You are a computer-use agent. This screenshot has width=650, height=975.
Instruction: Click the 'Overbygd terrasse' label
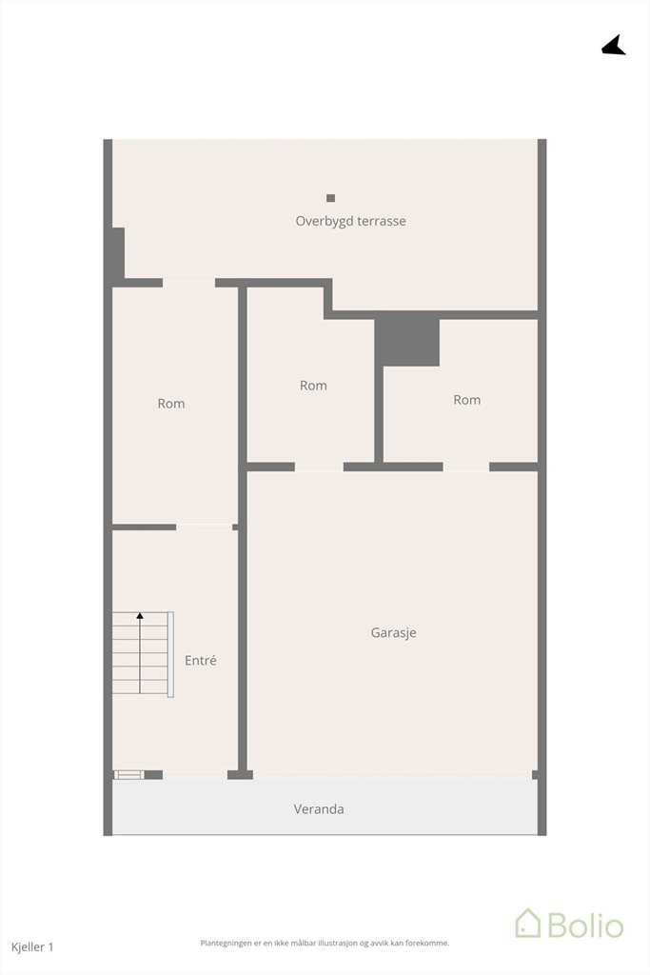click(x=350, y=221)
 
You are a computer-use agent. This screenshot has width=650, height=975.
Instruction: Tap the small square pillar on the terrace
click(x=330, y=198)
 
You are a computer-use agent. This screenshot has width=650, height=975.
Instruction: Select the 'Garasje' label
click(x=393, y=633)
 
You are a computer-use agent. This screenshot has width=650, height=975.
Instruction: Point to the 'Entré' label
click(x=201, y=661)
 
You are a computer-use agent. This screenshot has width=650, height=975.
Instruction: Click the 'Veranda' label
click(x=319, y=809)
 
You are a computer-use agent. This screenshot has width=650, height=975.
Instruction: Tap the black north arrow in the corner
click(x=614, y=46)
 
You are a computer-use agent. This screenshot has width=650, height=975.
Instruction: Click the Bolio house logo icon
click(x=527, y=923)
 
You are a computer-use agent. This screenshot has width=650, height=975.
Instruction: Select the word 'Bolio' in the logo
click(x=585, y=925)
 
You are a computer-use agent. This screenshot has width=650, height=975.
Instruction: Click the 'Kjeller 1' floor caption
click(x=32, y=947)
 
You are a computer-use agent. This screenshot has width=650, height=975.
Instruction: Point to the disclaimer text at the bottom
click(x=325, y=944)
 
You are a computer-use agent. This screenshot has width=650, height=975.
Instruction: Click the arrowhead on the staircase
click(x=140, y=616)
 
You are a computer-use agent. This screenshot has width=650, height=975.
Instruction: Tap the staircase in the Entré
click(x=143, y=653)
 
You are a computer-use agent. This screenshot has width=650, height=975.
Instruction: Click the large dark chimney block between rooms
click(x=407, y=339)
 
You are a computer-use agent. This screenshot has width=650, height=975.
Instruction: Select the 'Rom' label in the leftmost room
click(x=171, y=404)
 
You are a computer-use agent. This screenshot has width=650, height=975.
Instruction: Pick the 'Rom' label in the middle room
click(x=313, y=386)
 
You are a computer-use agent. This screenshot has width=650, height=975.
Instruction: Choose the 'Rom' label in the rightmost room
click(x=466, y=400)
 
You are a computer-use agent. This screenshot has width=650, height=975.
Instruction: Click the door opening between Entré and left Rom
click(x=205, y=527)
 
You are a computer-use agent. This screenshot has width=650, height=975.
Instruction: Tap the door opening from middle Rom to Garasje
click(x=319, y=467)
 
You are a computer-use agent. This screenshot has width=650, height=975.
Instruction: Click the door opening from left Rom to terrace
click(x=189, y=283)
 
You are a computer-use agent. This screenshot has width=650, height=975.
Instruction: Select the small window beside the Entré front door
click(x=129, y=775)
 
